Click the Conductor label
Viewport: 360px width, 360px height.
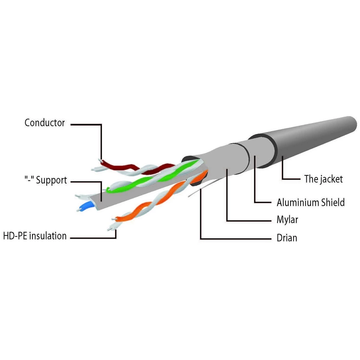coord(45,123)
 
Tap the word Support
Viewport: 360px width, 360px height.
coord(51,180)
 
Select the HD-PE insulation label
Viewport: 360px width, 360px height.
coord(35,236)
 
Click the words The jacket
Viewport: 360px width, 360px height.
coord(324,179)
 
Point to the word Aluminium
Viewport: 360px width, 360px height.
coord(298,202)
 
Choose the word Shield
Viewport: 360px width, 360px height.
coord(333,202)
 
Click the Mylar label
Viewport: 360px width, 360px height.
coord(287,220)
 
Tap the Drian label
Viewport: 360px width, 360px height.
coord(287,238)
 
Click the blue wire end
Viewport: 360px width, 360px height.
coord(86,207)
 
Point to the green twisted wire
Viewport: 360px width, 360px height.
coord(152,176)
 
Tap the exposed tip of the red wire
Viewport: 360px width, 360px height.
coord(100,160)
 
